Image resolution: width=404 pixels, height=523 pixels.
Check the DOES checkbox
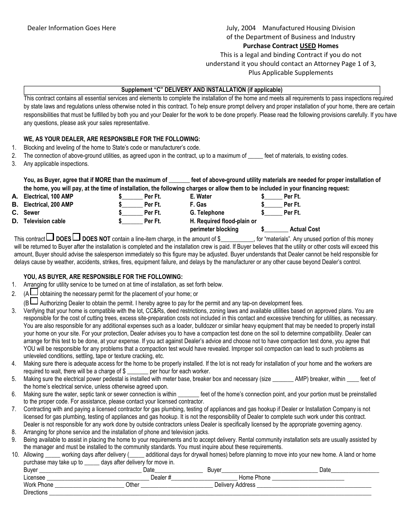pyautogui.click(x=50, y=237)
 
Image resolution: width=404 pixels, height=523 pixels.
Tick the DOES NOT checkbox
pyautogui.click(x=77, y=237)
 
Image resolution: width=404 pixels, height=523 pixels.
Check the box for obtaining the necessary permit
pyautogui.click(x=34, y=292)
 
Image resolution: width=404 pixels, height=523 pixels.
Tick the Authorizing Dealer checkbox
pyautogui.click(x=34, y=301)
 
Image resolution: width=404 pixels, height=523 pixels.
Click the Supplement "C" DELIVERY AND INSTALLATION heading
pyautogui.click(x=202, y=90)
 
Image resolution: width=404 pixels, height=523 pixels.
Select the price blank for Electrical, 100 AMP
pyautogui.click(x=132, y=196)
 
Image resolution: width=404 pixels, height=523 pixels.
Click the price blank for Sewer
pyautogui.click(x=132, y=213)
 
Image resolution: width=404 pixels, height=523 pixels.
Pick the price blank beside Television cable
pyautogui.click(x=132, y=221)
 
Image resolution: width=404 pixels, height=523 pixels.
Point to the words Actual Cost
pyautogui.click(x=305, y=229)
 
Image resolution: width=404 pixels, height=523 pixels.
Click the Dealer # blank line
pyautogui.click(x=202, y=478)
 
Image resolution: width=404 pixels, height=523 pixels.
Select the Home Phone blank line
pyautogui.click(x=308, y=478)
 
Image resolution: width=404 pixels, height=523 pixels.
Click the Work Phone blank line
pyautogui.click(x=89, y=485)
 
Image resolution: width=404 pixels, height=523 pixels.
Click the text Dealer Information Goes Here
pyautogui.click(x=71, y=28)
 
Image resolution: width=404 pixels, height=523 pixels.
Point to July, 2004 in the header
pyautogui.click(x=241, y=28)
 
